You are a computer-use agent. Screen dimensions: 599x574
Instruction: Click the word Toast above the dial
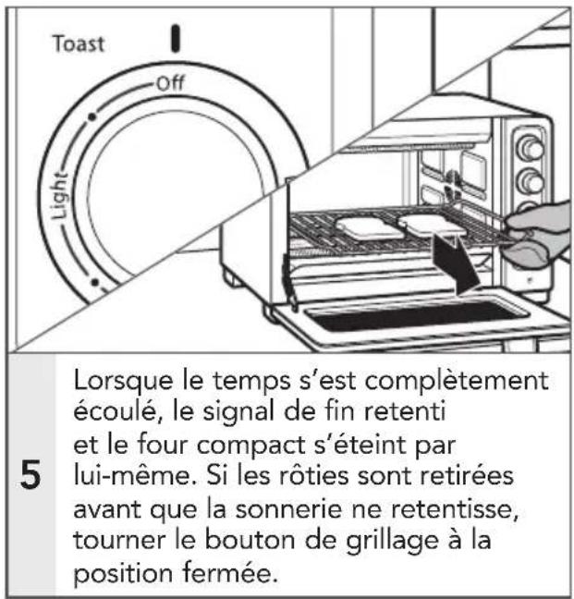point(78,43)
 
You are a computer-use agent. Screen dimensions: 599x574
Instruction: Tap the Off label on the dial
point(170,84)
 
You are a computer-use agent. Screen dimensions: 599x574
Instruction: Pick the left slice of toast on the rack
point(368,227)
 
